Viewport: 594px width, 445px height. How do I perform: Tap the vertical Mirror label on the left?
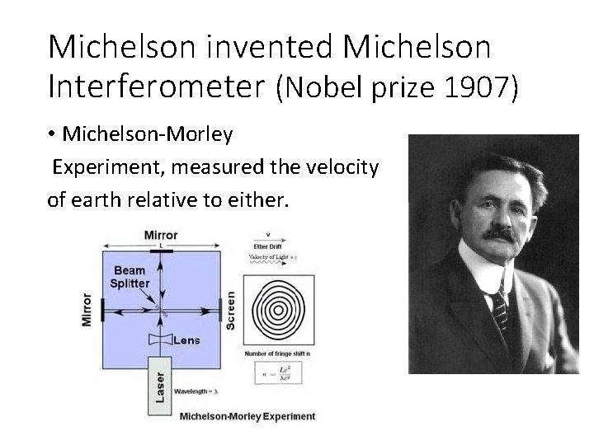pos(87,309)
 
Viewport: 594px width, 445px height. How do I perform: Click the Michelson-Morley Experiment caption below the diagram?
pos(247,416)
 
